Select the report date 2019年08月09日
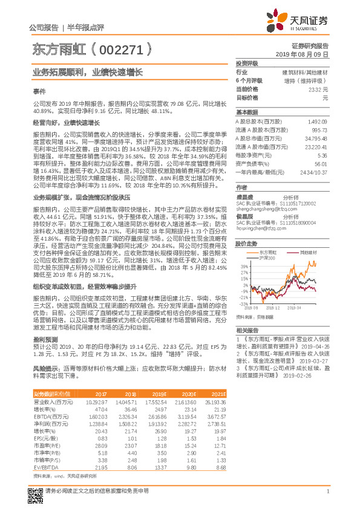click(x=306, y=54)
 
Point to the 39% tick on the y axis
click(x=244, y=249)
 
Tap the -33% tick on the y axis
click(x=243, y=304)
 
